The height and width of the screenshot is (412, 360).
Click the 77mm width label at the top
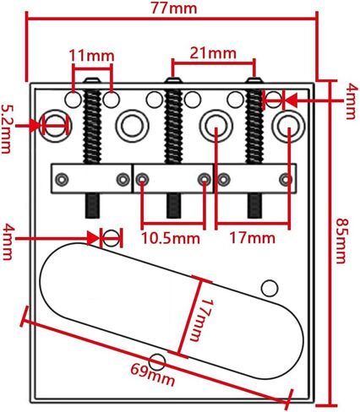(174, 8)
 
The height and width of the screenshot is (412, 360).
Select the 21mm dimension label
(212, 51)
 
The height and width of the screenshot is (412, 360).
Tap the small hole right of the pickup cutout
(270, 287)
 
